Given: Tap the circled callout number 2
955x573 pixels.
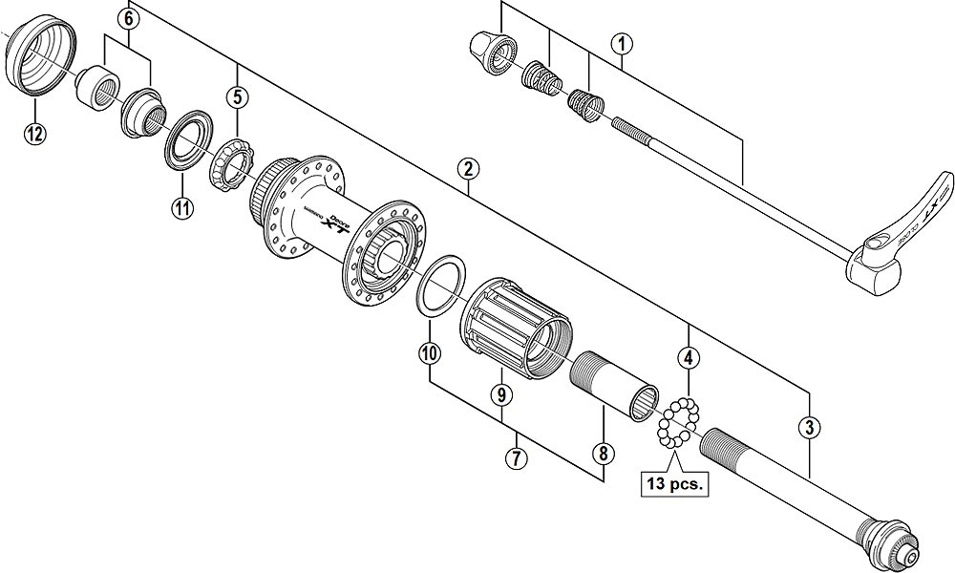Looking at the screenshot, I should point(467,170).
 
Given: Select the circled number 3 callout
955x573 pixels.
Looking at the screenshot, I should point(809,427).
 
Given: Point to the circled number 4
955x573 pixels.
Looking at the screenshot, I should point(688,358).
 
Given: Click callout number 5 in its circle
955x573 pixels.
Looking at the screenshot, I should point(236,95).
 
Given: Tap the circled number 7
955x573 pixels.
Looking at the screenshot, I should point(517,457).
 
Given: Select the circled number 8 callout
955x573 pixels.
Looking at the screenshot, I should point(604,454).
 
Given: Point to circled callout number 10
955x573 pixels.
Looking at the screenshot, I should point(430,352).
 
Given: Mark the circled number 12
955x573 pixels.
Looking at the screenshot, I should point(34,133).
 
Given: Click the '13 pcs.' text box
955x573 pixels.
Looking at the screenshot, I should point(673,484).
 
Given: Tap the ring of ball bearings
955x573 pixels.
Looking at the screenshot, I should point(678,421).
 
